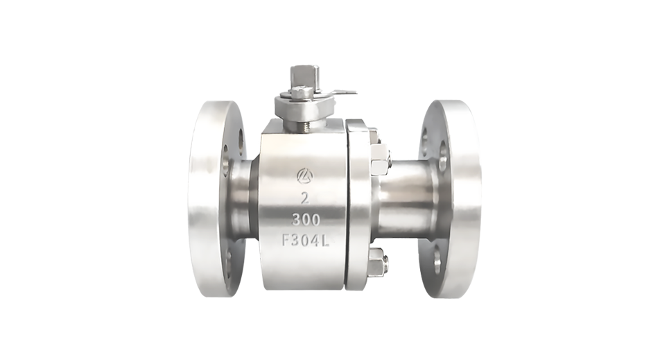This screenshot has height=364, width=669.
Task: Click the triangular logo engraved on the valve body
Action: coord(305,175)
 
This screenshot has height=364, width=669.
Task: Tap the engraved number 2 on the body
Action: coord(304,198)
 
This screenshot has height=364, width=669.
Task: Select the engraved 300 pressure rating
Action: coord(306,220)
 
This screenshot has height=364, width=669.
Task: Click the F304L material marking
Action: coord(305,241)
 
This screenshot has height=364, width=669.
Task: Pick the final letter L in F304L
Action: coord(325,241)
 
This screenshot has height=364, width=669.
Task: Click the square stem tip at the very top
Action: coord(303,76)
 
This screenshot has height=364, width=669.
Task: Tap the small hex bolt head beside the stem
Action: coord(298,92)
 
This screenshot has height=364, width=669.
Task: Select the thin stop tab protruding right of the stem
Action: coord(343,92)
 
